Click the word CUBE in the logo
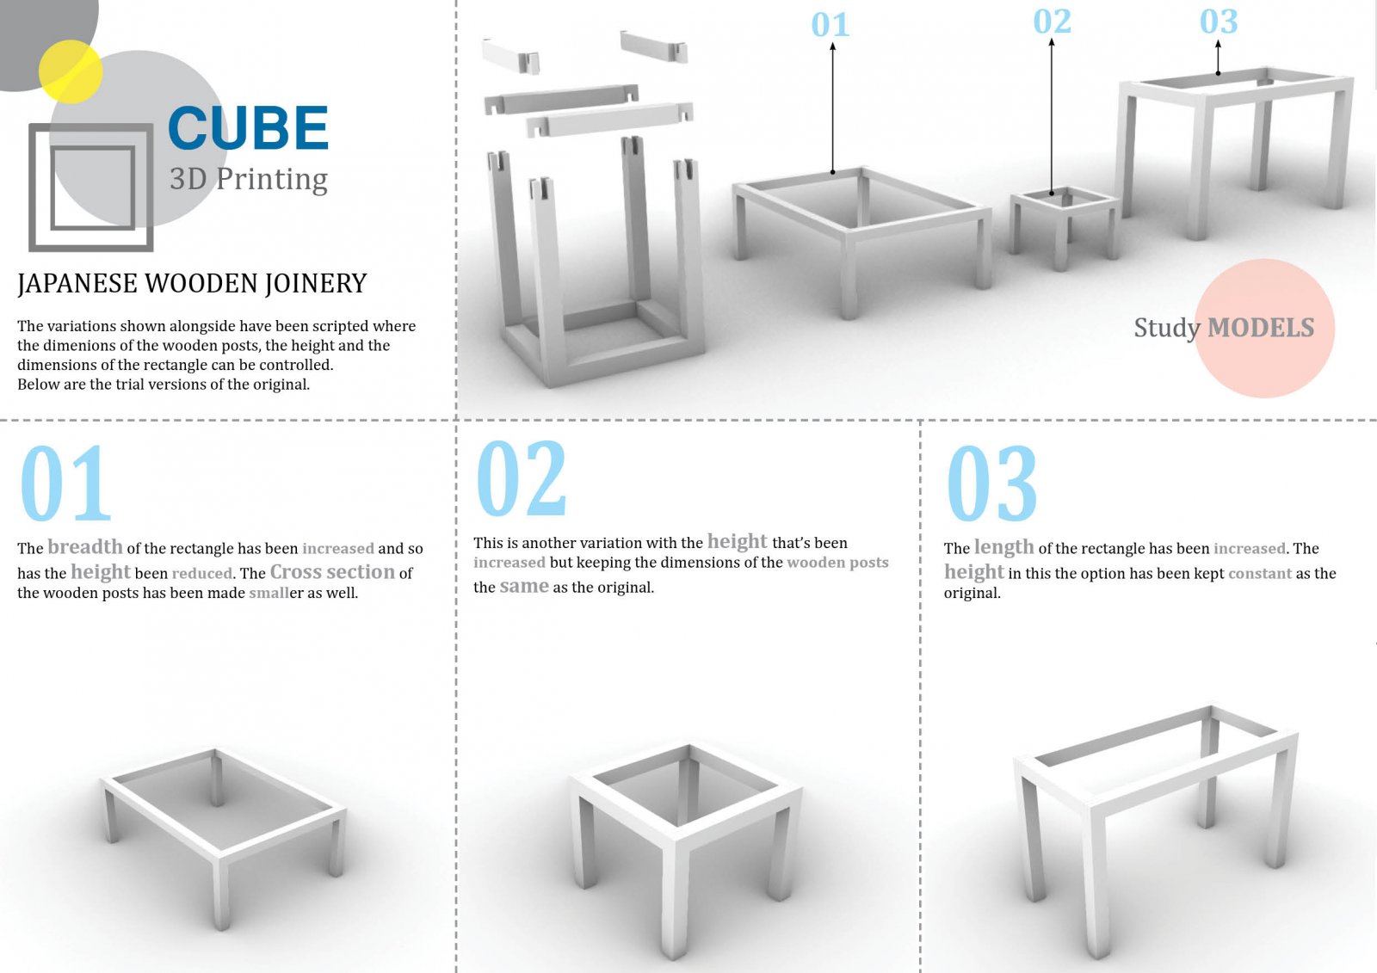[249, 128]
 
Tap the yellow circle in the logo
[71, 71]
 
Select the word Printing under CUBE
[272, 180]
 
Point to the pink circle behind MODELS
[1264, 329]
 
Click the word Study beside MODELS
[1167, 329]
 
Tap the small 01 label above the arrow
[831, 25]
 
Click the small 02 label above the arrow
[1053, 22]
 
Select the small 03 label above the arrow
[1219, 22]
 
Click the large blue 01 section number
[65, 483]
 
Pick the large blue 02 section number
[522, 478]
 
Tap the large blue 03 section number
[992, 483]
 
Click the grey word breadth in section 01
[85, 547]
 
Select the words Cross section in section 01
[332, 572]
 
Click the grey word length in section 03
[1003, 548]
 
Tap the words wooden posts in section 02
[838, 563]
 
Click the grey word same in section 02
[524, 587]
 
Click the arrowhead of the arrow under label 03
[1218, 44]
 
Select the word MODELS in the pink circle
[1261, 329]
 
